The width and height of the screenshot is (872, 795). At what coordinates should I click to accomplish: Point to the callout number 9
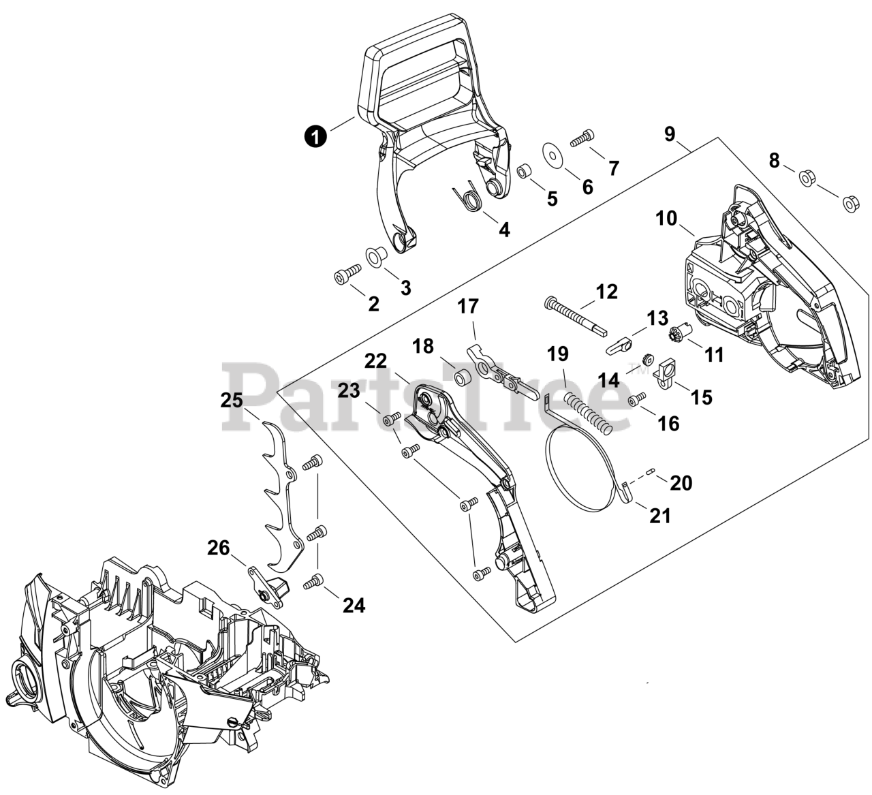tap(670, 134)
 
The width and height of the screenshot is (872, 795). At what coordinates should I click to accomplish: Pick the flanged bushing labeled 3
tap(375, 257)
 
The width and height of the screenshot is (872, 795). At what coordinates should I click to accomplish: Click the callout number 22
tap(375, 360)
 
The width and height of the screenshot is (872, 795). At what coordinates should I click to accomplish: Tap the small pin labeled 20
tap(652, 469)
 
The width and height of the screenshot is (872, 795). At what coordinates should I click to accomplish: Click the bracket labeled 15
tap(666, 373)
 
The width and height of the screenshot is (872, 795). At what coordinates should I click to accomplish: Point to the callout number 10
tap(667, 219)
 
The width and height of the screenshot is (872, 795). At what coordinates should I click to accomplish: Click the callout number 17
tap(467, 307)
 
